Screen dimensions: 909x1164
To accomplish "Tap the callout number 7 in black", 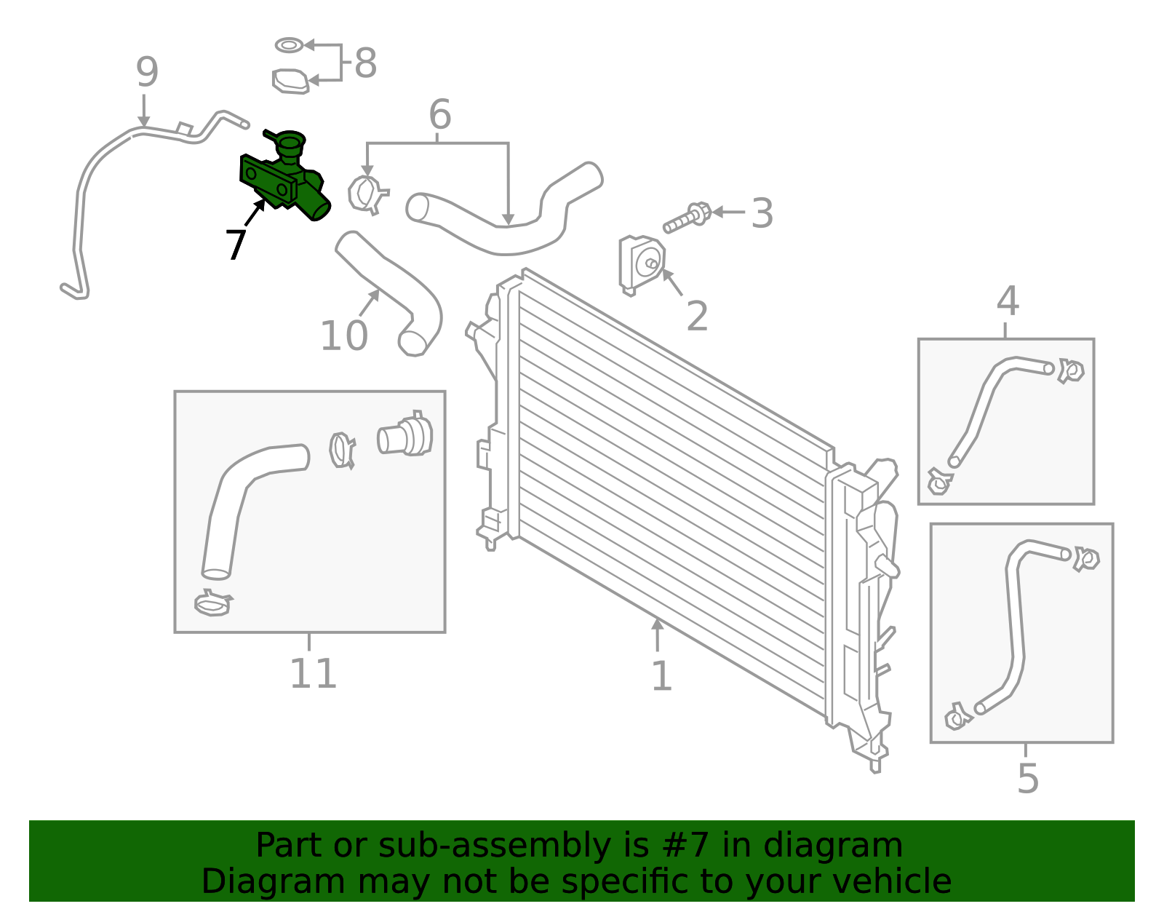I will pyautogui.click(x=236, y=245).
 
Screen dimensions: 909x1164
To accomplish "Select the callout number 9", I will pyautogui.click(x=147, y=73).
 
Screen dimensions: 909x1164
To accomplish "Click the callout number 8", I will pyautogui.click(x=365, y=63).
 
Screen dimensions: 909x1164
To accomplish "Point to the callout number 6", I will pyautogui.click(x=440, y=115).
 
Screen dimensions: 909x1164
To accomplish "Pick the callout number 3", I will pyautogui.click(x=762, y=213).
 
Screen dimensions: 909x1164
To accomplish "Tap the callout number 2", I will pyautogui.click(x=697, y=317).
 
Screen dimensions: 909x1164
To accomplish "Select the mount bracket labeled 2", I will pyautogui.click(x=640, y=264).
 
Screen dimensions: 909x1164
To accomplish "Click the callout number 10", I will pyautogui.click(x=344, y=336).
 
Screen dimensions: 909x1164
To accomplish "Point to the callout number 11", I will pyautogui.click(x=313, y=674).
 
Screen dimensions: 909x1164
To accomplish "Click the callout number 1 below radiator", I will pyautogui.click(x=661, y=677).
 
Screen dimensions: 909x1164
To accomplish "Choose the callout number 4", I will pyautogui.click(x=1008, y=301).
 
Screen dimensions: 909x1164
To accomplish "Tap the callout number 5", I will pyautogui.click(x=1027, y=779).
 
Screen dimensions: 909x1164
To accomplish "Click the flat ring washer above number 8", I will pyautogui.click(x=289, y=46).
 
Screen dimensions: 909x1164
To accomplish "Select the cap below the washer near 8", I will pyautogui.click(x=290, y=82).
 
